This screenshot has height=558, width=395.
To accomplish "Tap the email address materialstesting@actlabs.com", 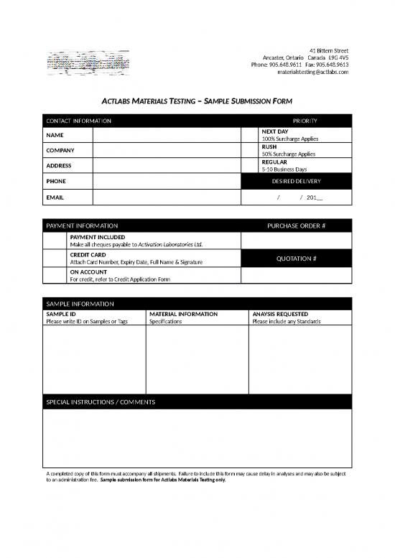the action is click(312, 72).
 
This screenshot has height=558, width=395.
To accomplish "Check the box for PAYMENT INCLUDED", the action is click(55, 241).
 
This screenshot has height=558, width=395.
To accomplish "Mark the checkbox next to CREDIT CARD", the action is click(55, 259).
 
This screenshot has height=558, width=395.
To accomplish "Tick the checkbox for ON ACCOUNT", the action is click(55, 276).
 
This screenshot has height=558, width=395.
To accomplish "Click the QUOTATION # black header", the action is click(296, 259).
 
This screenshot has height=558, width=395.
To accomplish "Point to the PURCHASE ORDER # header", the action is click(296, 226).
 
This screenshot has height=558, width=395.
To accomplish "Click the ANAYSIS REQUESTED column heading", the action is click(280, 314).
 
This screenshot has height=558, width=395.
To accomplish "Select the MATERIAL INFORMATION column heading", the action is click(182, 314).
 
